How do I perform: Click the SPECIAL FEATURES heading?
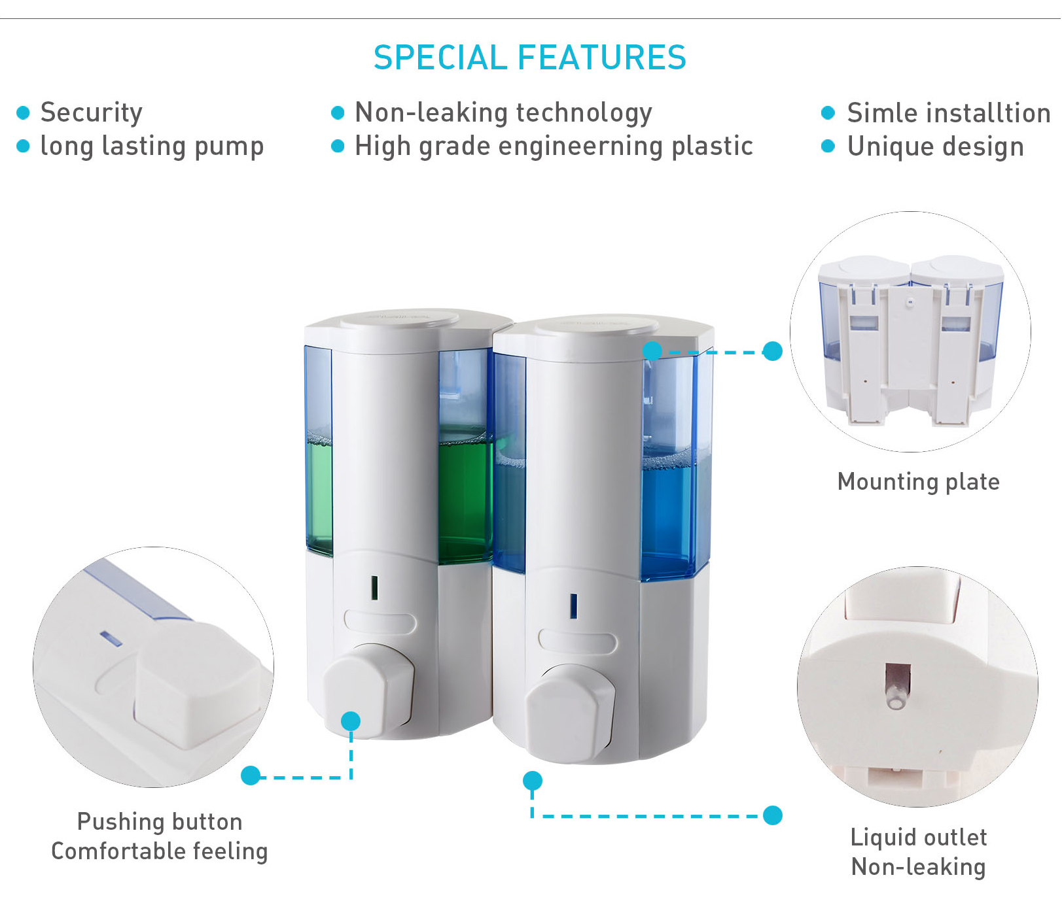pos(530,58)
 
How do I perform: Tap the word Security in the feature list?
pos(92,112)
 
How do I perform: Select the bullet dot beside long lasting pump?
pos(23,146)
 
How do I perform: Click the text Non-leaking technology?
pos(503,112)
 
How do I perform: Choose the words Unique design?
pos(936,146)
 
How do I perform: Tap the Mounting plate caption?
pos(919,482)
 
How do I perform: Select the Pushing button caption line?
pos(160,821)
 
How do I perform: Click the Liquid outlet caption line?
pos(919,837)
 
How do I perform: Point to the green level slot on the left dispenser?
pos(374,587)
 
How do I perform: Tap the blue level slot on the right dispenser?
pos(573,606)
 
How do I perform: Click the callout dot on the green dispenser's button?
pos(351,721)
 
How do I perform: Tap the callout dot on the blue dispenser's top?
pos(652,350)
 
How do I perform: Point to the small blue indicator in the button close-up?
pos(111,638)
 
